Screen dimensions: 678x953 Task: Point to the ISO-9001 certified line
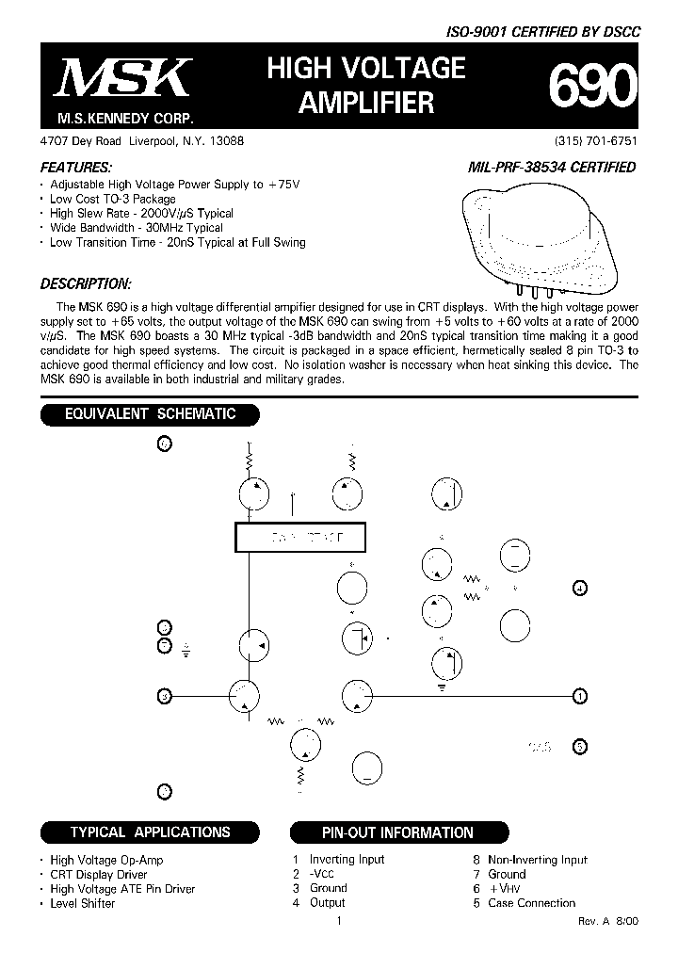pyautogui.click(x=542, y=31)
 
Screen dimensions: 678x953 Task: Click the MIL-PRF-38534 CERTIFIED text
pyautogui.click(x=551, y=168)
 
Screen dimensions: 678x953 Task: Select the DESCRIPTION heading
pyautogui.click(x=86, y=283)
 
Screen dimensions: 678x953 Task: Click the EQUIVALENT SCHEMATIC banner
pyautogui.click(x=149, y=413)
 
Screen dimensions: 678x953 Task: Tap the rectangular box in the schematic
pyautogui.click(x=299, y=537)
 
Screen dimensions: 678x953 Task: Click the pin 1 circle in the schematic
pyautogui.click(x=581, y=696)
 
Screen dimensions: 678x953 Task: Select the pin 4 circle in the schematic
pyautogui.click(x=581, y=589)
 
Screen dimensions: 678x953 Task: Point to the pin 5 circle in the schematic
pyautogui.click(x=581, y=747)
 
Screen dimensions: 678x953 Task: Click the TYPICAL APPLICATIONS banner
pyautogui.click(x=150, y=832)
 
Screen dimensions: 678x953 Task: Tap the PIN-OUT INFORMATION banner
pyautogui.click(x=397, y=832)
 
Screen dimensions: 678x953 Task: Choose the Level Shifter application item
pyautogui.click(x=83, y=903)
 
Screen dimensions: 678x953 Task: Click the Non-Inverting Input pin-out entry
pyautogui.click(x=537, y=860)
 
